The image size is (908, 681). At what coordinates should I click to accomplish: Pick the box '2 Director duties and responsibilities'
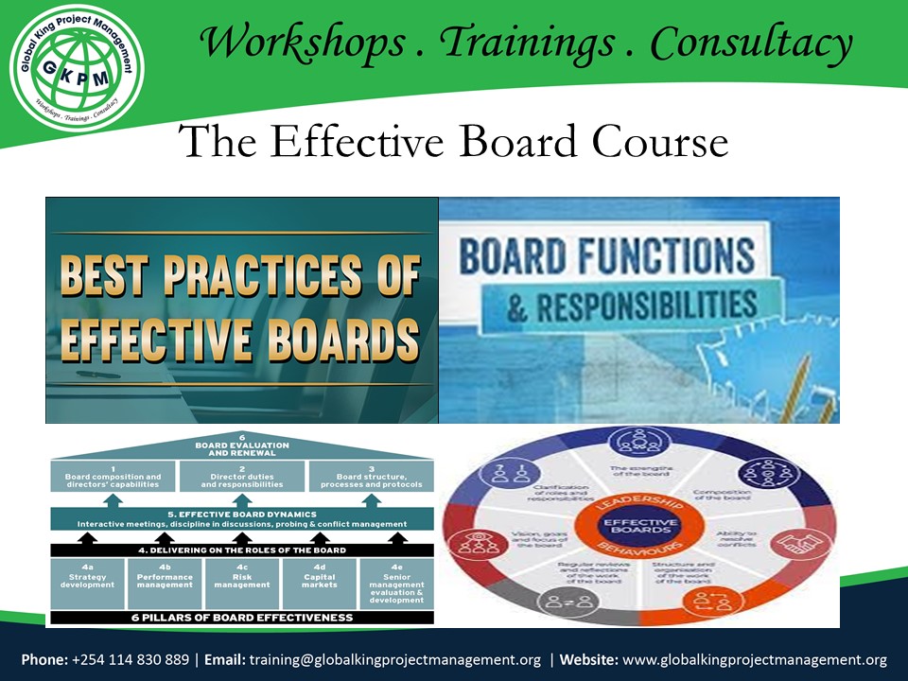[x=242, y=476]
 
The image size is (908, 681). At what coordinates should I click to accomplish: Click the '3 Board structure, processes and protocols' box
[x=371, y=476]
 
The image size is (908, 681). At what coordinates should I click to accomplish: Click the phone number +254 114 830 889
[x=130, y=659]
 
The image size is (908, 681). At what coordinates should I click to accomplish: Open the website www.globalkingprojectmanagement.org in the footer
[x=755, y=659]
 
